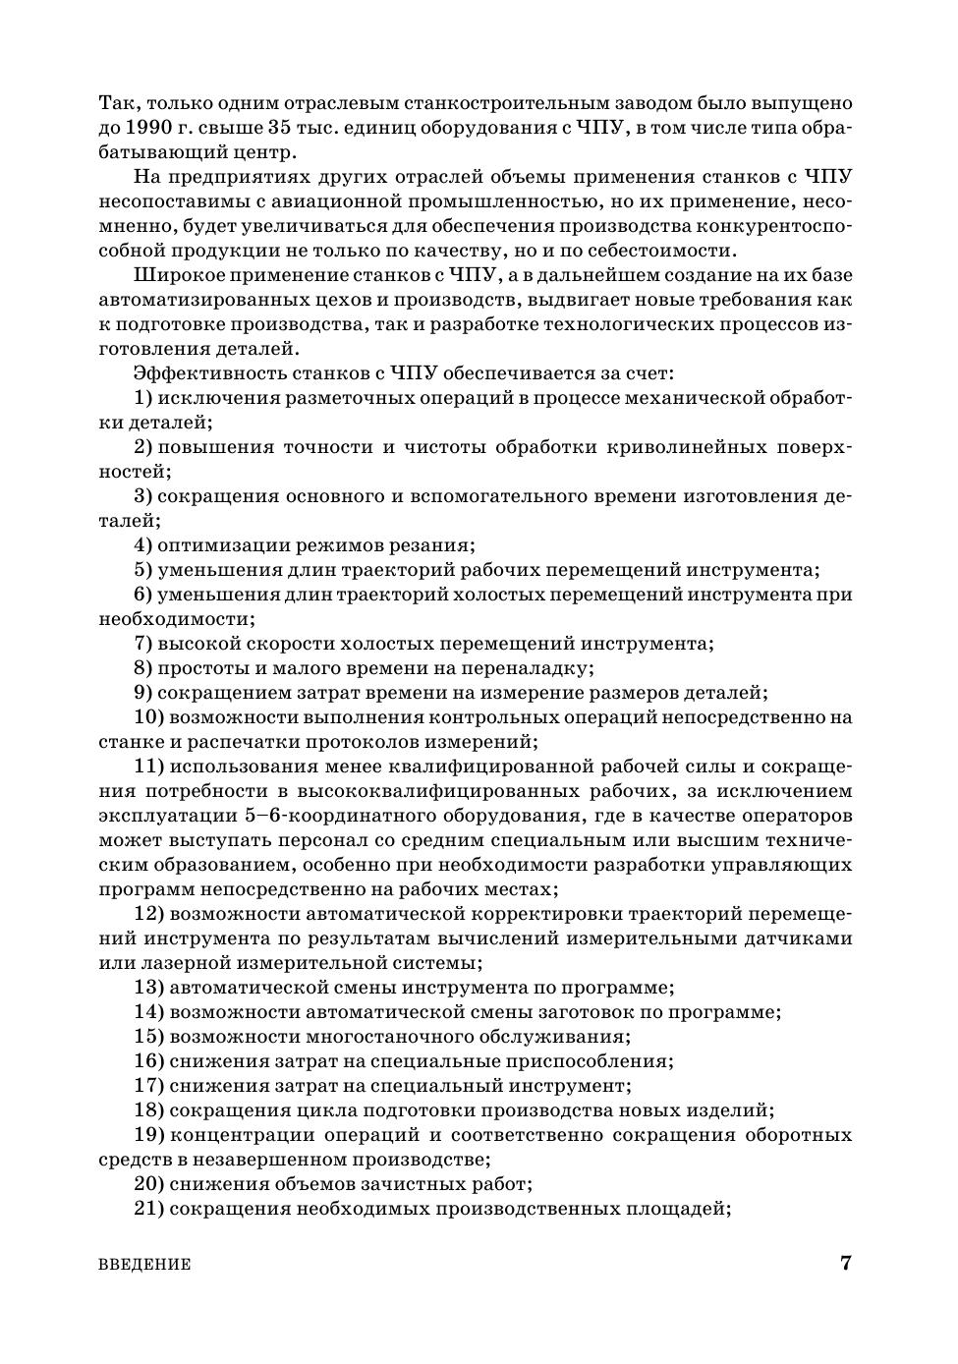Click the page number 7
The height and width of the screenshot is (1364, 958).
click(x=845, y=1264)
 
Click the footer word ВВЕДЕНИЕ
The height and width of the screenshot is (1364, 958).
click(x=144, y=1265)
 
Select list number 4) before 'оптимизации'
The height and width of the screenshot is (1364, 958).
click(x=142, y=545)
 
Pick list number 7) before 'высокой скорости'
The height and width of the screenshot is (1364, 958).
click(x=142, y=644)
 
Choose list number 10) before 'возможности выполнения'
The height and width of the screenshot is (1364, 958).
click(x=148, y=717)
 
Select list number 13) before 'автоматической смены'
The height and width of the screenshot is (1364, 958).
click(x=148, y=988)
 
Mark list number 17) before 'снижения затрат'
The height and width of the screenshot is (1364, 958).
click(x=148, y=1086)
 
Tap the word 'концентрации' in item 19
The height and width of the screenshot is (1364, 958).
click(x=234, y=1135)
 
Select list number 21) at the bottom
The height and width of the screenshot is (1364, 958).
click(x=148, y=1209)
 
